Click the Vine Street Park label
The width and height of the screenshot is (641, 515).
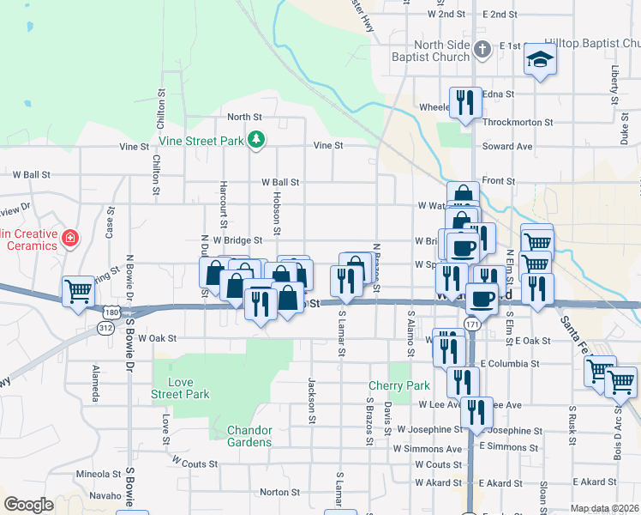pos(199,139)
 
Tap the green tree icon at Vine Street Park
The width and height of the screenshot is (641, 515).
pos(255,139)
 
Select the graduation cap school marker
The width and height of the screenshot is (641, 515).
pos(541,59)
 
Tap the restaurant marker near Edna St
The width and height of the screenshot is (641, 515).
pos(465,102)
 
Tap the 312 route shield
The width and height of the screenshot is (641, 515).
pos(105,327)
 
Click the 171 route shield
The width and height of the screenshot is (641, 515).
pos(472,323)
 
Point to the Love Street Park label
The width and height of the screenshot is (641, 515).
pos(180,388)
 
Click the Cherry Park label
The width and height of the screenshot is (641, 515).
pos(386,386)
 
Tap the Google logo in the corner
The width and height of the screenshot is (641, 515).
pos(28,505)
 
